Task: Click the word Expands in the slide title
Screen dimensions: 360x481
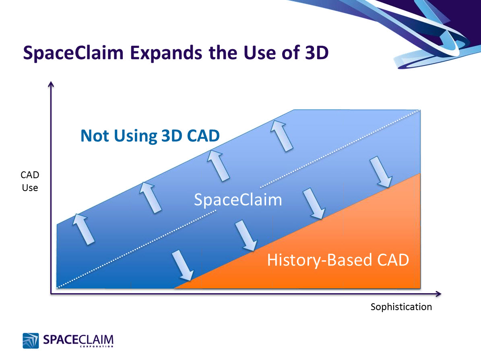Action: pos(169,53)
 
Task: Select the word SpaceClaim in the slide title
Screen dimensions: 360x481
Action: pos(73,53)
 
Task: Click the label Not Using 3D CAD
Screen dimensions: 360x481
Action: pos(150,136)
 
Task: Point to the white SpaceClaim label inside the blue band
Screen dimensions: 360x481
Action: pos(238,200)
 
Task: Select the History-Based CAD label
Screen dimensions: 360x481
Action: pos(338,260)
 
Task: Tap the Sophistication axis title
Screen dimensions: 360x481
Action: pos(401,307)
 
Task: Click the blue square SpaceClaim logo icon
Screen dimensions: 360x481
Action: pos(31,340)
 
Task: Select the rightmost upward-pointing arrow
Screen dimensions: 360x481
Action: pos(281,135)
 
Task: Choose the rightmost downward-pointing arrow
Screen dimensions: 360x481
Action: pos(380,172)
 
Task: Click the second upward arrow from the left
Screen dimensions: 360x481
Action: pos(150,197)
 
